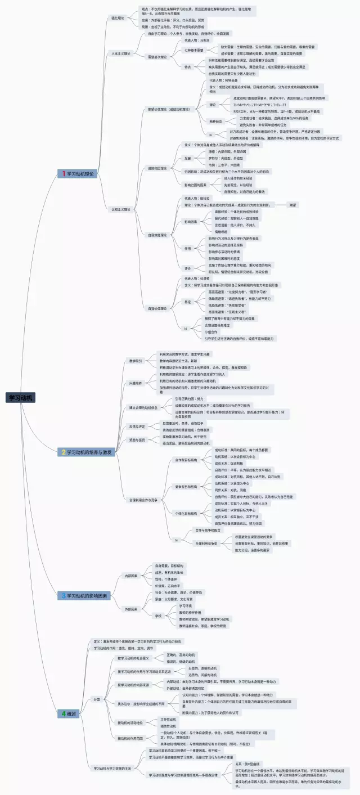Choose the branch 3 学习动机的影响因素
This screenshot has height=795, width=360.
(87, 595)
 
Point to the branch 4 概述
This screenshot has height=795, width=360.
(69, 713)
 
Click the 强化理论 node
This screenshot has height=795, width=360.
(118, 18)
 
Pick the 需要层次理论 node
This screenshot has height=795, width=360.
(157, 57)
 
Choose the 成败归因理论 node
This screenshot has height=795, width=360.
(157, 168)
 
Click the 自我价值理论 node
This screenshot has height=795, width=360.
(157, 308)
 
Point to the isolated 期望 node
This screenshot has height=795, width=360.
(293, 205)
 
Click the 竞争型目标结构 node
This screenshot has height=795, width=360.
(186, 486)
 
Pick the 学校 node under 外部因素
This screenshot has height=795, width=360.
(159, 616)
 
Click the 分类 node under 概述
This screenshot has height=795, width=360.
(97, 699)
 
